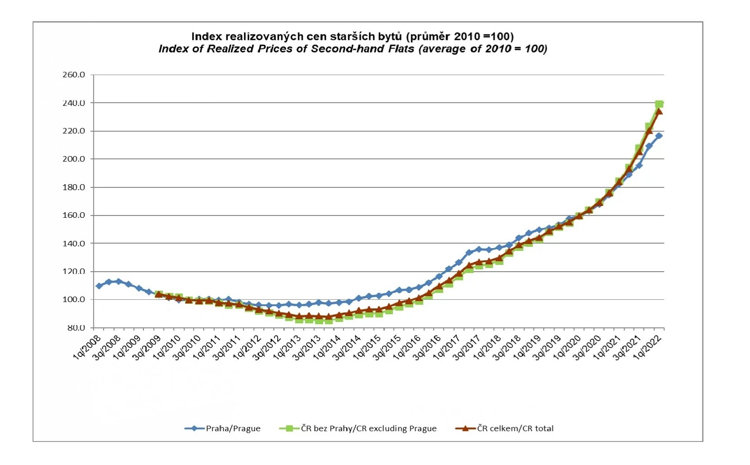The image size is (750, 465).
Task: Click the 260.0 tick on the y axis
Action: tap(74, 75)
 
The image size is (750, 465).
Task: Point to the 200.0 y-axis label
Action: tap(74, 159)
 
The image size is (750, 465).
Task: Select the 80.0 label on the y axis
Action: tap(76, 327)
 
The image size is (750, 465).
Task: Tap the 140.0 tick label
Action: tap(74, 243)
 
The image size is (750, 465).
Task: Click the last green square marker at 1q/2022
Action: tap(659, 104)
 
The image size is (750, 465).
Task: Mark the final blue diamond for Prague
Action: tap(659, 136)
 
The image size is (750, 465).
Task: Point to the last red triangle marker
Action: tap(659, 111)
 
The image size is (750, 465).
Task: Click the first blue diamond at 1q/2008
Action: tap(99, 286)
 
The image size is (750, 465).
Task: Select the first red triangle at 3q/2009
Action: tap(159, 294)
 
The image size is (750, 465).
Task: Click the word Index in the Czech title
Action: tap(206, 37)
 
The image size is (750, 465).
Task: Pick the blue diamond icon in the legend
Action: tap(195, 428)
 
